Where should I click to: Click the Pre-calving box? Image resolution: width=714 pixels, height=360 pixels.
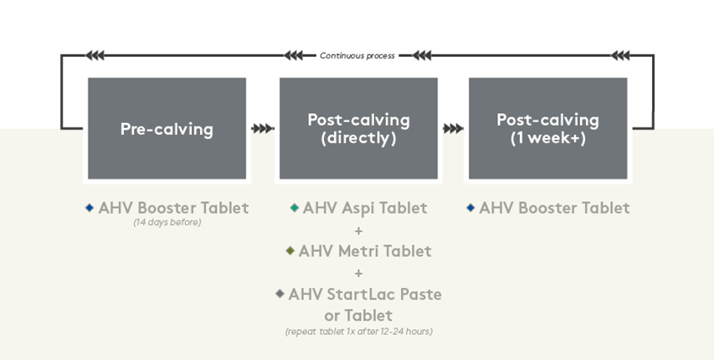[167, 129]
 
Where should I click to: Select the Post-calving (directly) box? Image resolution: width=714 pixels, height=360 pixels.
[358, 129]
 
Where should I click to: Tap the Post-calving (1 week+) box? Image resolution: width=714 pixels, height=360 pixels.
[547, 129]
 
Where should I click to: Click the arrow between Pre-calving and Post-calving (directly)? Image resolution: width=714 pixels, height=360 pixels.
[262, 129]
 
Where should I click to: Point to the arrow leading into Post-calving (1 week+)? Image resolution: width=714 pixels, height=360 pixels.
[453, 129]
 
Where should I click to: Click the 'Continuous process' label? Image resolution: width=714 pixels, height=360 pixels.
[357, 56]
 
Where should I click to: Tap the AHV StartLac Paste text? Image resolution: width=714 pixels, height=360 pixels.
[365, 294]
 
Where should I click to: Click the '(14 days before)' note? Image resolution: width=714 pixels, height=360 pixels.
[167, 223]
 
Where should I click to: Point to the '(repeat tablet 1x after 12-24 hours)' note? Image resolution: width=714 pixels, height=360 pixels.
[358, 332]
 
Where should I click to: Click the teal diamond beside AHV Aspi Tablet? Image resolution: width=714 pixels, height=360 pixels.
[294, 208]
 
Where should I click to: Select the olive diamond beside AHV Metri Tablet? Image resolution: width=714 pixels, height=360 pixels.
[290, 250]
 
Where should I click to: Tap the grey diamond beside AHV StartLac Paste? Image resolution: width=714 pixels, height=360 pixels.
[280, 294]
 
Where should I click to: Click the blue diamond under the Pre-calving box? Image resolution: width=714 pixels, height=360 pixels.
[90, 208]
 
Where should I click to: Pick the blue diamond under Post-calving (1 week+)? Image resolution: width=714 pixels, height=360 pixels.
[470, 208]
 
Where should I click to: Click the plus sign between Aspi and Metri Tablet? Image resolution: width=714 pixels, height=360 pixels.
[358, 229]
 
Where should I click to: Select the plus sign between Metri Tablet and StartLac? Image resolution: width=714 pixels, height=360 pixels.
[358, 272]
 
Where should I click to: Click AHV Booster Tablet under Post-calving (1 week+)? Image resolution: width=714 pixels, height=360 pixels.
[554, 208]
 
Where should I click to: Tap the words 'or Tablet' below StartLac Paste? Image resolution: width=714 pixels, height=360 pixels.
[358, 316]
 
